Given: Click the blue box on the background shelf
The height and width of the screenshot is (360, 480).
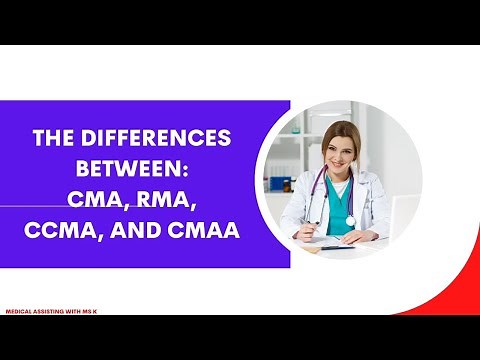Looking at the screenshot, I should click(x=283, y=185).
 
